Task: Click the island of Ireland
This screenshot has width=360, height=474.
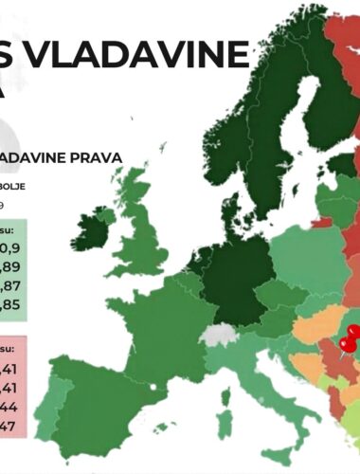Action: [x=103, y=226]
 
